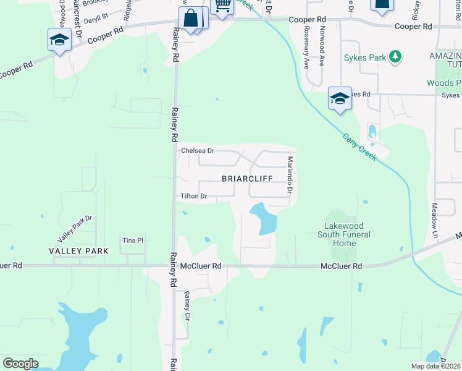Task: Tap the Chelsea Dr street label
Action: pos(197,151)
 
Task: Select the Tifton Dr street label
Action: pos(193,197)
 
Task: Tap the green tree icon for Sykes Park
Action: pos(395,58)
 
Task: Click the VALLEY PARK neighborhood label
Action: pos(79,251)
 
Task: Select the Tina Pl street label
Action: pos(132,241)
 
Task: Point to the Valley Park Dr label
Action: pos(74,229)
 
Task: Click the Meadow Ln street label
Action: pos(434,221)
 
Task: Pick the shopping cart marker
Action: pos(221,6)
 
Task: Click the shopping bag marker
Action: pos(191,19)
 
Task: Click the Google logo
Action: pos(20,364)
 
